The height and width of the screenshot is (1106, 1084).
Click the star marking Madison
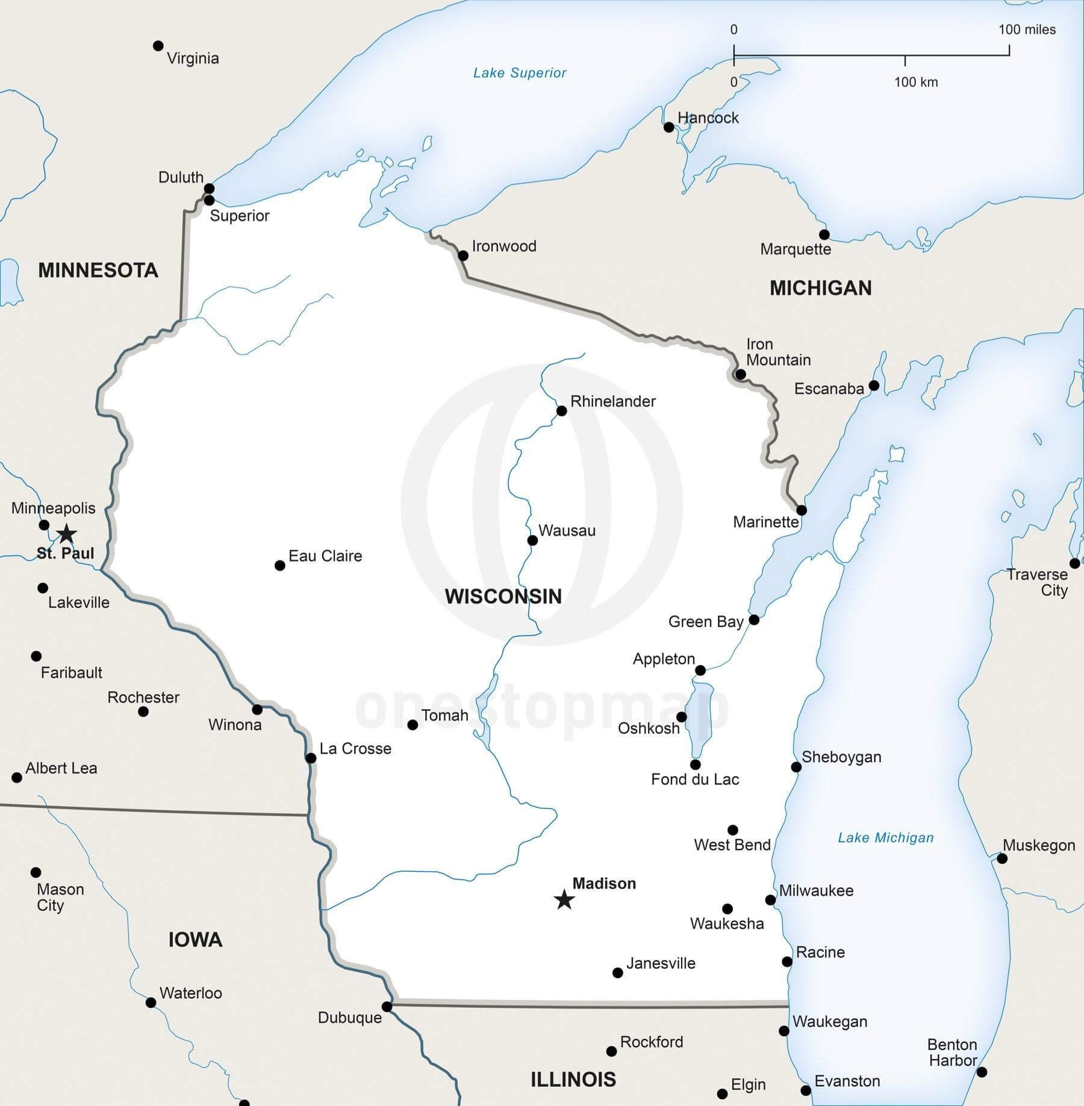point(564,900)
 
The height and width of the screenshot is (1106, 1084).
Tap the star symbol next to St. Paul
point(66,533)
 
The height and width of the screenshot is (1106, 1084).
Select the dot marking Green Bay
point(754,619)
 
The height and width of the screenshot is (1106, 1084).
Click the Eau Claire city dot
point(279,565)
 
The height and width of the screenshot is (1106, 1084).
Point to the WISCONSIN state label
point(503,596)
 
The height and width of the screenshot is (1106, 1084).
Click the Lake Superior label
point(520,73)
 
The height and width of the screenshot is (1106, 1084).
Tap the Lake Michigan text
point(885,837)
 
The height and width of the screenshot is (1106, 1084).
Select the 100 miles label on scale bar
point(1027,30)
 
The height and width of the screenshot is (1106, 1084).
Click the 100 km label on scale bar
point(915,82)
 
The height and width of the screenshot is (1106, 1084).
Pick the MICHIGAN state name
point(820,288)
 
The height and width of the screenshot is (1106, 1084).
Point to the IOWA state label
point(195,939)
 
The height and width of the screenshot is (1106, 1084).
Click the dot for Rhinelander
point(561,411)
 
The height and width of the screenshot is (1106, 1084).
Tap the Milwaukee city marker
point(770,900)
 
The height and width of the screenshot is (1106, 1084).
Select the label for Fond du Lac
point(695,780)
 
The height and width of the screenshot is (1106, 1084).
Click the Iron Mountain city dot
point(741,375)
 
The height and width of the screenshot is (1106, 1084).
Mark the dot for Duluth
point(209,189)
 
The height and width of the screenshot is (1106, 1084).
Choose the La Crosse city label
point(355,749)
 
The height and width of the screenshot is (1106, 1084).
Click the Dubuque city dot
point(387,1007)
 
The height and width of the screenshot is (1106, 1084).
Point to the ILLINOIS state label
point(573,1079)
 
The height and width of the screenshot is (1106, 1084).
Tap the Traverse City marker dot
point(1074,563)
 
